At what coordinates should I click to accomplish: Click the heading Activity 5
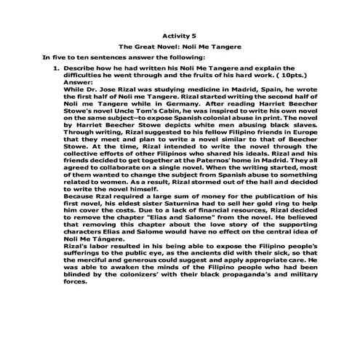coord(180,33)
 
